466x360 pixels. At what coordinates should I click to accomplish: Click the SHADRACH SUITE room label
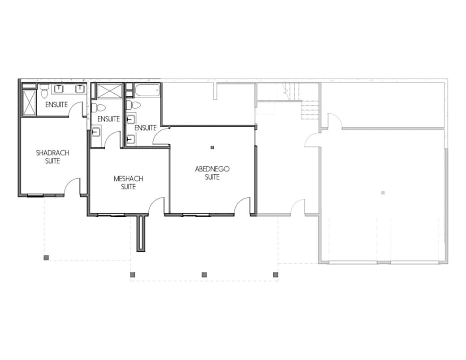52,157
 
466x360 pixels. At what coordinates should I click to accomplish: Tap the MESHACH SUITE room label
128,183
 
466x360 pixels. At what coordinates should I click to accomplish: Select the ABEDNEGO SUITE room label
212,173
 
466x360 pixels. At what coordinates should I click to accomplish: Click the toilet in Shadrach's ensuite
44,91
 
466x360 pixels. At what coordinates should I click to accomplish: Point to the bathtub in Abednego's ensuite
147,90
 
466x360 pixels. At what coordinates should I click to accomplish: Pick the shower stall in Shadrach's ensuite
29,102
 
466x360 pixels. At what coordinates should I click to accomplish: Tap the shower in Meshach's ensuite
109,91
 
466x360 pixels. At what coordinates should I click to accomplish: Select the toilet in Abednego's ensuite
134,105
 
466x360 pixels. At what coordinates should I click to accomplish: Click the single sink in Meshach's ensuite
96,132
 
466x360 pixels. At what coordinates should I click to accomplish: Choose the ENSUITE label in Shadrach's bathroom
56,105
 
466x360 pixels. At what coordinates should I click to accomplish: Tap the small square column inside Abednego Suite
212,147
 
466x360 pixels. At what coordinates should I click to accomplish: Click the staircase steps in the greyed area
310,110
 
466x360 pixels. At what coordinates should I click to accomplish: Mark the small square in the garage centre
383,193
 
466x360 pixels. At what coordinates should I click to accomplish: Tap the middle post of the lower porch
204,275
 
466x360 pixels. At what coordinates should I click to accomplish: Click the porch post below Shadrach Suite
46,257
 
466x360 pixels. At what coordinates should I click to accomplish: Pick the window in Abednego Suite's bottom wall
191,214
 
